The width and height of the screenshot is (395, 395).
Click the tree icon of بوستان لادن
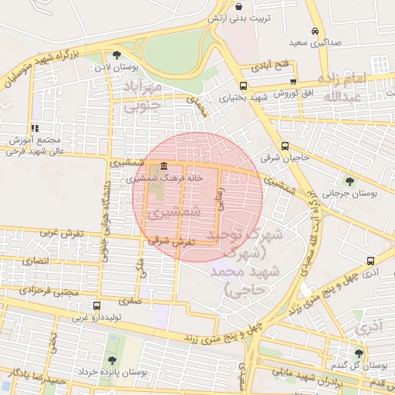tap(116, 55)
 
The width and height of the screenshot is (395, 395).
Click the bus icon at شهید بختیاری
tap(243, 86)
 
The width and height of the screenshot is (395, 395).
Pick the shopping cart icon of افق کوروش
tap(292, 81)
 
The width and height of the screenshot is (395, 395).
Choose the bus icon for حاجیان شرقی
tap(285, 146)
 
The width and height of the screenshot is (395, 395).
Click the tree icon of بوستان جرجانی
tap(349, 181)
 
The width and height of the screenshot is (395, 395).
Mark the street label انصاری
tap(37, 262)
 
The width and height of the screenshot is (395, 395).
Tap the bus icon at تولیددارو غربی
tap(96, 306)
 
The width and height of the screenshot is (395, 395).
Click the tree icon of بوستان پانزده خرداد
tap(113, 360)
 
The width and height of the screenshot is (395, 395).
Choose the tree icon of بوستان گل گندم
tap(359, 353)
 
